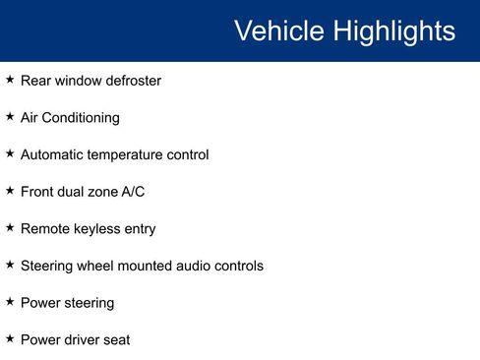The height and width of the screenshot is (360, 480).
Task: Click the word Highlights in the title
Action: (x=394, y=30)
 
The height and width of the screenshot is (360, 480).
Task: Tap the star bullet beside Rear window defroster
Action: (x=10, y=80)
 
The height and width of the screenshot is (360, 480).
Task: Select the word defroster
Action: (x=130, y=81)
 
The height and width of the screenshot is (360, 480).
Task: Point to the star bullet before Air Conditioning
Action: (x=10, y=117)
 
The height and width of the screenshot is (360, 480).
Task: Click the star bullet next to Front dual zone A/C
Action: (x=10, y=191)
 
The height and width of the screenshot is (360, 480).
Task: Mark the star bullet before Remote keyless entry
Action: (x=10, y=228)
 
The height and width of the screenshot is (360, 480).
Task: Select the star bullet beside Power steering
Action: (x=10, y=302)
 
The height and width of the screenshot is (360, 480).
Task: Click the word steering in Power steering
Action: (x=89, y=304)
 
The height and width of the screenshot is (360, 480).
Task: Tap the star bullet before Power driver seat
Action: (x=10, y=339)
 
